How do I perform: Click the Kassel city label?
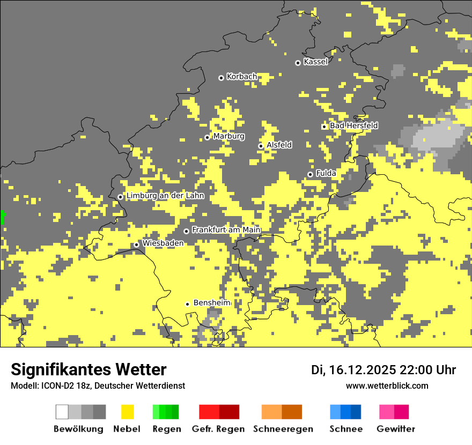tap(315, 62)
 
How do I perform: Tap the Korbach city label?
tap(242, 77)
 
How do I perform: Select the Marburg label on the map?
tap(228, 136)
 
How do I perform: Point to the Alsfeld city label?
tap(279, 145)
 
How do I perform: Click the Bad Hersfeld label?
tap(353, 125)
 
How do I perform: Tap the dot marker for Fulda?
tap(310, 174)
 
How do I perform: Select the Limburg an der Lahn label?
tap(165, 196)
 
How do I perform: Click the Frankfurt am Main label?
tap(226, 230)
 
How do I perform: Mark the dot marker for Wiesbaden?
tap(137, 244)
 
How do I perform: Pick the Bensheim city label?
tap(211, 303)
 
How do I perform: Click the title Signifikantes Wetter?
tap(88, 370)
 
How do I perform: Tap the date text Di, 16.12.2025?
tap(353, 370)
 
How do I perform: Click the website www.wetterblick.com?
tap(387, 385)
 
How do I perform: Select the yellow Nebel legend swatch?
tap(127, 412)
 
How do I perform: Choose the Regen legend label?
tap(166, 429)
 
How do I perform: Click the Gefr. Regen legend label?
tap(218, 429)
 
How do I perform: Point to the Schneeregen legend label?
tap(283, 429)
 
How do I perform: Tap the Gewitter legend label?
tap(396, 429)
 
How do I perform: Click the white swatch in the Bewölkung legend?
tap(62, 412)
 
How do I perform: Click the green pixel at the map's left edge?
tap(2, 217)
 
